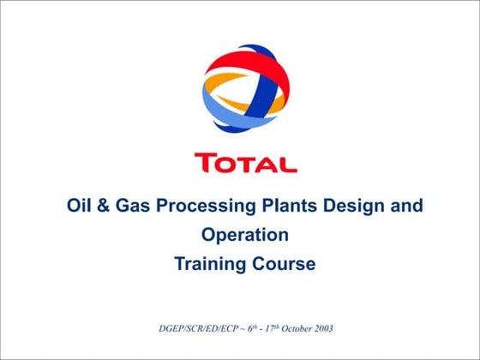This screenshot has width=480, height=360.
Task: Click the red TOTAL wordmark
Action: [x=245, y=163]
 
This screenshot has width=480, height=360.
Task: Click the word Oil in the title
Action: [x=80, y=207]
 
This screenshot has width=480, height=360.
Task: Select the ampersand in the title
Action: [x=108, y=207]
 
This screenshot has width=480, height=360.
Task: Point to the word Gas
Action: [x=137, y=207]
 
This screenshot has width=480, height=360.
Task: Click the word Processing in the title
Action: [x=206, y=207]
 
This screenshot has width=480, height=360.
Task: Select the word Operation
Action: [x=245, y=236]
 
